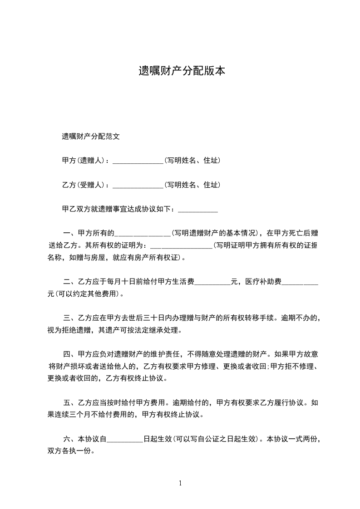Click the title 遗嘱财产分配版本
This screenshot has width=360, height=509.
[182, 71]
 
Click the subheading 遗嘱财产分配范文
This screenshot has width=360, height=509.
[91, 136]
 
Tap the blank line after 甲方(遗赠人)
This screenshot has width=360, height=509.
[138, 161]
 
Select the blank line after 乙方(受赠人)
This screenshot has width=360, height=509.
[138, 186]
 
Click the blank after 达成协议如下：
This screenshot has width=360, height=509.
[198, 210]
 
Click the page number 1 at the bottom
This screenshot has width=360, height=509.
[180, 483]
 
